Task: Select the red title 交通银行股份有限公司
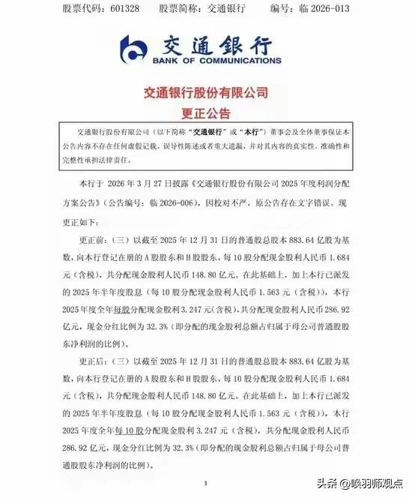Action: (x=205, y=94)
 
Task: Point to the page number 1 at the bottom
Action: (x=205, y=484)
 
